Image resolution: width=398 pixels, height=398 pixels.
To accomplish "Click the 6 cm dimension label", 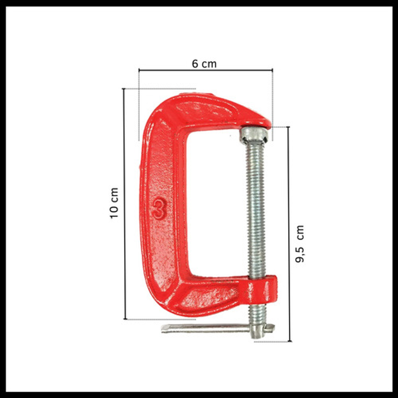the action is click(204, 64).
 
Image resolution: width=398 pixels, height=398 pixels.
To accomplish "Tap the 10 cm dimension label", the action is click(114, 203).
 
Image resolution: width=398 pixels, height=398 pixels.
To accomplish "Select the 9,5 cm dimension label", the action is click(300, 244).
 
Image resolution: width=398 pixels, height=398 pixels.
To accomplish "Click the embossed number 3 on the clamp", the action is click(159, 208).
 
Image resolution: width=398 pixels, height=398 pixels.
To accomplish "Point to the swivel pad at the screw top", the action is click(254, 135).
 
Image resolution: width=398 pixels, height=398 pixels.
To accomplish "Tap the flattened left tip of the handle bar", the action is click(164, 328).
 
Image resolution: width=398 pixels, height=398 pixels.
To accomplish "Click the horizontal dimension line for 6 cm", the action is click(206, 70).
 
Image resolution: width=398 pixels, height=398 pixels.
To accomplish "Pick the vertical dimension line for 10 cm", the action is click(124, 204).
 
